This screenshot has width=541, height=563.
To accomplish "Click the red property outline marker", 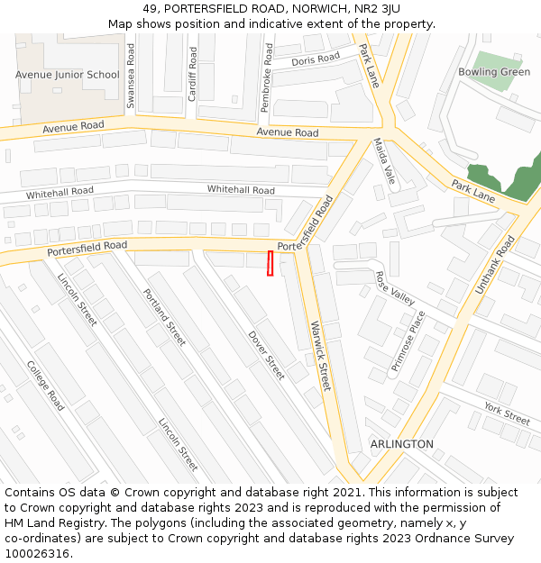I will (270, 264).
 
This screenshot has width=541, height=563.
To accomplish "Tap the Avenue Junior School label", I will (67, 75).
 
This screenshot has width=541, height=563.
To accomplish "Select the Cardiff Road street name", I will (192, 74).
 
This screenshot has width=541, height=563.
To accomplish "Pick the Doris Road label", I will (316, 59).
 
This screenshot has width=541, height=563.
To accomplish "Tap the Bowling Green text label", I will (494, 72).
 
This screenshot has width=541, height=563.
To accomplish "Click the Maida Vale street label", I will (385, 161).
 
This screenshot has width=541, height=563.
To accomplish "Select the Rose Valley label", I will (395, 288).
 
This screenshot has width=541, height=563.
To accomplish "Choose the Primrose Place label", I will (408, 341).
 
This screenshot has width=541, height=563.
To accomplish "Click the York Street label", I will (507, 414).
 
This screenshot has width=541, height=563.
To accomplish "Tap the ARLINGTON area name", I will (401, 444).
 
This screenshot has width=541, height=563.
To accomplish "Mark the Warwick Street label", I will (320, 355).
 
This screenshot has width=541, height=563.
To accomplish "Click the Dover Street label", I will (266, 355).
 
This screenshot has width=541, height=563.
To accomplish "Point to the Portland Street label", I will (164, 317).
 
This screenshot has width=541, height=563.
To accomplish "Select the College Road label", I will (45, 386).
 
